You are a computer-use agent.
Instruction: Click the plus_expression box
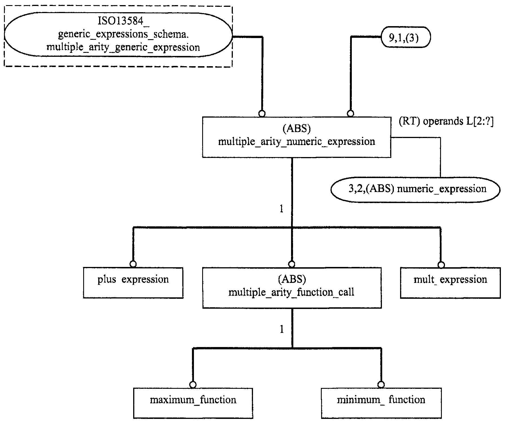pos(133,283)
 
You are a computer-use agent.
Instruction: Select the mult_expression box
pos(450,283)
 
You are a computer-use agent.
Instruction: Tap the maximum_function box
pos(193,403)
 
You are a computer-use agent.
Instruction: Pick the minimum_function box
pos(381,403)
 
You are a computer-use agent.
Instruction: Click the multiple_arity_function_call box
pos(292,288)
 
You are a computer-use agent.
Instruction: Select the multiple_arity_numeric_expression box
pos(296,137)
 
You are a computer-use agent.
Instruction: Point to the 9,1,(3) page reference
pos(405,37)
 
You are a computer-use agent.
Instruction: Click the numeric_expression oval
pos(415,190)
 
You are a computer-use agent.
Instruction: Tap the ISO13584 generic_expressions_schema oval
pos(118,37)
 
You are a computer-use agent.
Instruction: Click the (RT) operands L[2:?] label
pos(446,121)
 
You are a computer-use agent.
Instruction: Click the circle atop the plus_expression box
pos(133,264)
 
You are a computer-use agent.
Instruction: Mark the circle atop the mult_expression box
pos(441,265)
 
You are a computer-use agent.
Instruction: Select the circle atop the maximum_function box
pos(193,385)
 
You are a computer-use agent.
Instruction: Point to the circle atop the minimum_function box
pos(381,385)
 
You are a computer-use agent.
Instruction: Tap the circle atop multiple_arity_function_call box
pos(292,264)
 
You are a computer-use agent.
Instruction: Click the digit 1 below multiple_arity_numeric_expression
pos(281,209)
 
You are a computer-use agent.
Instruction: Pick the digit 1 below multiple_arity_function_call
pos(282,329)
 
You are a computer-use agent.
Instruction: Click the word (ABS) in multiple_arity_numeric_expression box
pos(297,129)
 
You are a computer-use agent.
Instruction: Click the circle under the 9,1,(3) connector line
pos(351,114)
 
